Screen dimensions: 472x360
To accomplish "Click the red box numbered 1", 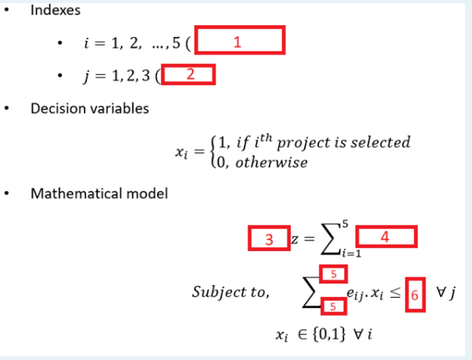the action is pyautogui.click(x=239, y=41).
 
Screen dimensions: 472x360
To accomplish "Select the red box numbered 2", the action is pyautogui.click(x=188, y=74).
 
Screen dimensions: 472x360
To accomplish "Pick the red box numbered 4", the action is pyautogui.click(x=386, y=237).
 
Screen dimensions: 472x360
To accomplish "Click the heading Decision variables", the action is pyautogui.click(x=89, y=108).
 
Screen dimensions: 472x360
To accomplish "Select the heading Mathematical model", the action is pyautogui.click(x=98, y=194).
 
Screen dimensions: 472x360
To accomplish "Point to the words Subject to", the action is pyautogui.click(x=230, y=293).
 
